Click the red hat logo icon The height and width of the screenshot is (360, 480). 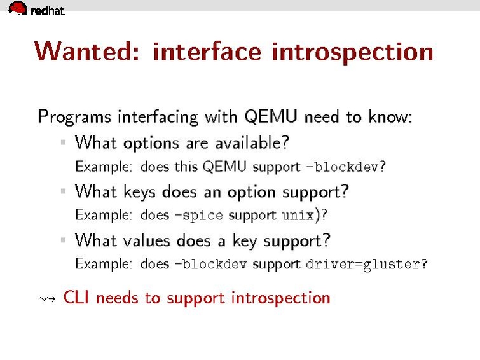tap(18, 8)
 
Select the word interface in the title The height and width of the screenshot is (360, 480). tap(207, 51)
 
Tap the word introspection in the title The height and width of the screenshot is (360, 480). tap(352, 52)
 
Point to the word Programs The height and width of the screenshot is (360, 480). tap(74, 117)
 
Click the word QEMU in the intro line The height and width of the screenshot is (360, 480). tap(271, 116)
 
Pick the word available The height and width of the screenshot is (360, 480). tap(252, 142)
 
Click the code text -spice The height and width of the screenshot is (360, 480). tap(199, 215)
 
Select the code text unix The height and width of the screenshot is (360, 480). tap(298, 215)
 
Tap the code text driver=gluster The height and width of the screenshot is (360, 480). tap(363, 264)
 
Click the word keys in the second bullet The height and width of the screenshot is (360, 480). tap(140, 192)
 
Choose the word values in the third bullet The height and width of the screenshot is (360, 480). tap(146, 240)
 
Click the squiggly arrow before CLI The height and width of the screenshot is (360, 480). tap(47, 298)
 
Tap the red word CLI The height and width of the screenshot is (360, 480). tap(76, 297)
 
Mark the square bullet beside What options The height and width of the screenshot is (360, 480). tap(64, 142)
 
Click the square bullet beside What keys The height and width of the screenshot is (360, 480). tap(64, 191)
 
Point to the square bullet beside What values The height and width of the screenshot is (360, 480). tap(64, 240)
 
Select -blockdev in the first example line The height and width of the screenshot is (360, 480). tap(342, 167)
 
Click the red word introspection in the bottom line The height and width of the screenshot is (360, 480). tap(281, 298)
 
